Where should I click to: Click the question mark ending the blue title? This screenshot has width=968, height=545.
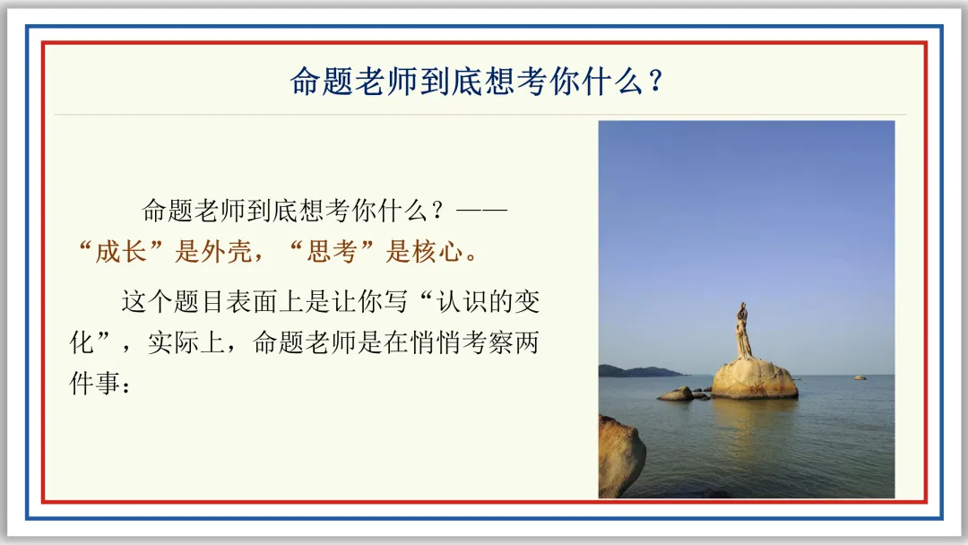coord(656,81)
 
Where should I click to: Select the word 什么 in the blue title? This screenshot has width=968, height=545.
coord(613,81)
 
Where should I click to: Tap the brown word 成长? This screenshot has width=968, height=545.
coord(121,252)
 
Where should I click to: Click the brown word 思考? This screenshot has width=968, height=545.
coord(333,252)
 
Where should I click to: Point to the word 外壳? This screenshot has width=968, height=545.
coord(226,252)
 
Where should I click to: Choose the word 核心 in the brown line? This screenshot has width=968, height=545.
coord(437,252)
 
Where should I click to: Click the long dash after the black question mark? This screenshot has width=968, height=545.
coord(481,211)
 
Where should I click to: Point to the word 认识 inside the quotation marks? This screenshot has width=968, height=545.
coord(462,302)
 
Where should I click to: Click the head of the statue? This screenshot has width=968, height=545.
coord(743,307)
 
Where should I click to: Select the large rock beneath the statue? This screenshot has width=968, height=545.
coord(754,379)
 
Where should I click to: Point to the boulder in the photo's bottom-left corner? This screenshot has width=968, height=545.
coord(621,457)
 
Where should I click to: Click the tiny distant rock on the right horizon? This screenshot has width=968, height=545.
coord(860,377)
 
